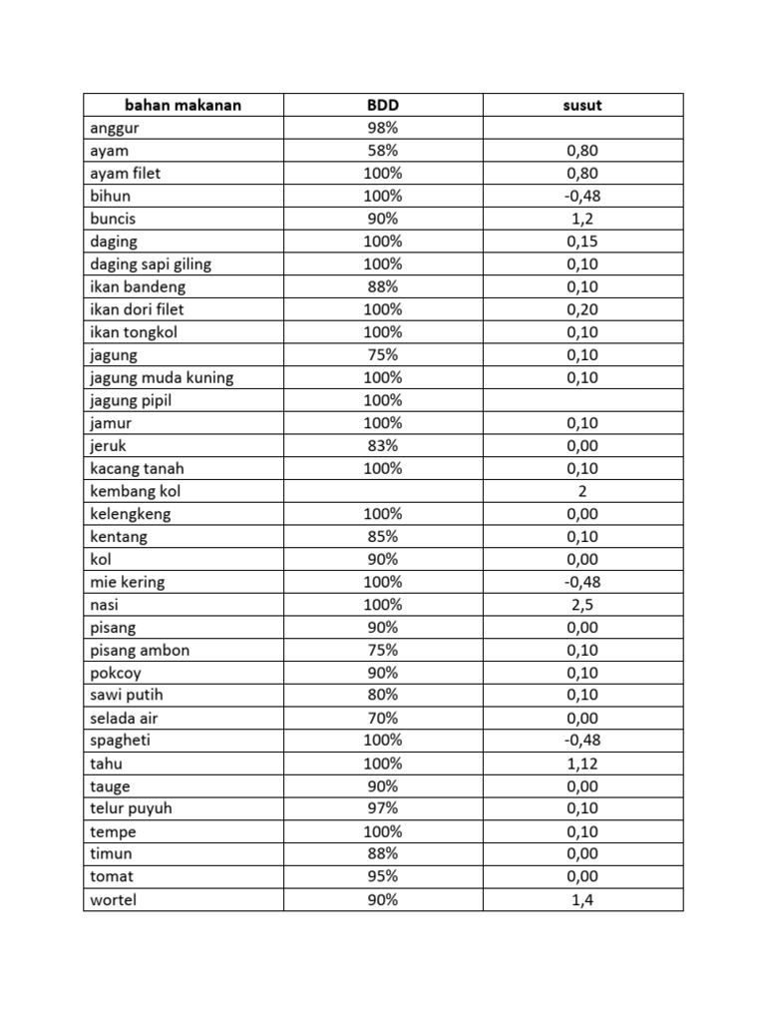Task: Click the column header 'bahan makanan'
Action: [x=183, y=105]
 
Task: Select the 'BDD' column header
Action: [x=383, y=105]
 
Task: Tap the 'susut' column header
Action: [x=582, y=105]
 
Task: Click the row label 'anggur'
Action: [x=114, y=128]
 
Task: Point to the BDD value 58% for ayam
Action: [x=383, y=151]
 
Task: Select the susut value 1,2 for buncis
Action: [x=582, y=219]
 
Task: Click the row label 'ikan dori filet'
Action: [x=137, y=309]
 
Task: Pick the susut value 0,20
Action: [x=582, y=309]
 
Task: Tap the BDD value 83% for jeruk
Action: [x=383, y=446]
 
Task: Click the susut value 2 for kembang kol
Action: [x=582, y=491]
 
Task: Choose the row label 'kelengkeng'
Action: [x=130, y=514]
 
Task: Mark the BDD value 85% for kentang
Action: [x=383, y=537]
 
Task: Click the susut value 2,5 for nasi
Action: [x=582, y=605]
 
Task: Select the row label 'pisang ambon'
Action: [x=140, y=651]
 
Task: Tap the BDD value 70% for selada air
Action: [x=383, y=719]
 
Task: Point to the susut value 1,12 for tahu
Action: [x=582, y=764]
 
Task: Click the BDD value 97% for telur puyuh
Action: [x=383, y=808]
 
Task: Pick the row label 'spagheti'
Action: [x=120, y=741]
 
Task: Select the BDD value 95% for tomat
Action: [x=383, y=876]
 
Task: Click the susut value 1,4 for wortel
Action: [x=582, y=899]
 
